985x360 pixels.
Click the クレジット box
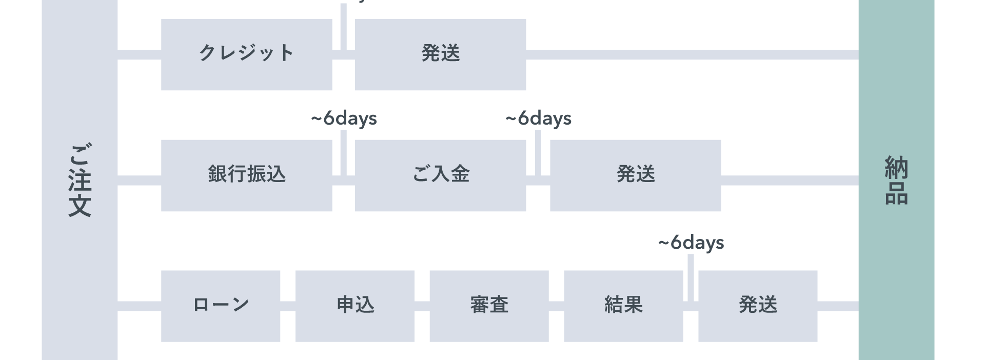tap(246, 54)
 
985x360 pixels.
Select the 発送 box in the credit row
tap(440, 54)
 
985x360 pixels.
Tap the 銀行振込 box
tap(246, 175)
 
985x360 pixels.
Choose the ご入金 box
tap(440, 175)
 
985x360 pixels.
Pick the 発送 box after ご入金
tap(635, 175)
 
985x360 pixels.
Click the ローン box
tap(221, 306)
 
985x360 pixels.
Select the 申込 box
tap(355, 306)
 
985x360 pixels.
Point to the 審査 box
tap(489, 306)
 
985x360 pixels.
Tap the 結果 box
tap(623, 306)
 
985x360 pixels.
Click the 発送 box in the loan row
tap(758, 306)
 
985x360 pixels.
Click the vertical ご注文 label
tap(80, 180)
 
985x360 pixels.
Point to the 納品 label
tap(896, 180)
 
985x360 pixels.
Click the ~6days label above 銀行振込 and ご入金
tap(344, 118)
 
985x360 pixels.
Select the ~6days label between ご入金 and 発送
tap(538, 118)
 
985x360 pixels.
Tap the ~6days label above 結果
tap(691, 243)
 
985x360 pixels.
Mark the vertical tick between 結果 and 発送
tap(691, 277)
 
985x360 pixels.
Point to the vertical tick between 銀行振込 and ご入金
tap(343, 153)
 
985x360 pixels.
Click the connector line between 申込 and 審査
tap(422, 306)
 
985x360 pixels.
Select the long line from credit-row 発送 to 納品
tap(692, 55)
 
